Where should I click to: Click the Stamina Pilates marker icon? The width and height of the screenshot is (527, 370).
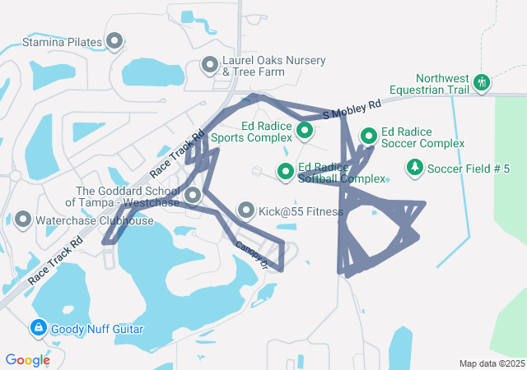pos(114,41)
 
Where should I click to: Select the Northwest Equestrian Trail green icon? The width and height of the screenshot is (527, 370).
pos(482,82)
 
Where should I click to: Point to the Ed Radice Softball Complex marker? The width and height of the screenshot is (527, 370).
pos(286,171)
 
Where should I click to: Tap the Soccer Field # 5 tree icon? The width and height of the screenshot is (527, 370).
pos(414,169)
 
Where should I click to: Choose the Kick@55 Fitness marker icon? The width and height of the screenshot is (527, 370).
pos(246,211)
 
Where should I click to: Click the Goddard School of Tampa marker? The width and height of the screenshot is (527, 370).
pos(193,195)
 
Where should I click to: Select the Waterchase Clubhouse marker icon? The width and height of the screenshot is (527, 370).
pos(23,220)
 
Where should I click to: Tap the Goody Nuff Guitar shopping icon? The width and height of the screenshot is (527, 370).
pos(38,329)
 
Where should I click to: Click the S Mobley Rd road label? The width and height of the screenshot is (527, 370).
pos(352,109)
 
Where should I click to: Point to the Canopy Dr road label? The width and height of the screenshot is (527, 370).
pos(252,254)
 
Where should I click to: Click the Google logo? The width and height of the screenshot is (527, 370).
pos(28,359)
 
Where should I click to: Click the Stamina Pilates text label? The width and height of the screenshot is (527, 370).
pos(61,41)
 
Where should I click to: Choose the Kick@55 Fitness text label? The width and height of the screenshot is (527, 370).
pos(301,211)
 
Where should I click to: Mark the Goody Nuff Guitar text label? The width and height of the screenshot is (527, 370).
pos(97,329)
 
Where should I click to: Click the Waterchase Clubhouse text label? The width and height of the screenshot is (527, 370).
pos(95,220)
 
